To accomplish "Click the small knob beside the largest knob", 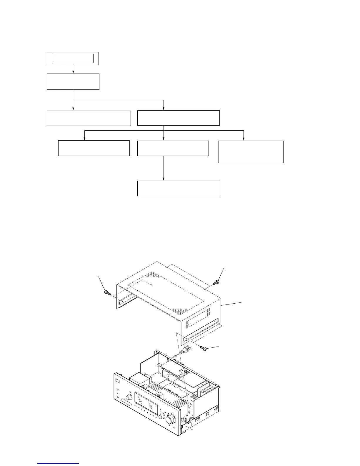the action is coord(161,416).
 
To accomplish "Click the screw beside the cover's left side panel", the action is coord(107,292).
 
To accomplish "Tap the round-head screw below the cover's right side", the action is coord(204,348).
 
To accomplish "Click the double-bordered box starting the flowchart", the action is coord(73,59).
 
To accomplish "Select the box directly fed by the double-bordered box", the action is coord(73,81).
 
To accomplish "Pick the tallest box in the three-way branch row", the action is coord(251,152).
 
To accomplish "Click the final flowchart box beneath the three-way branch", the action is coord(179,188).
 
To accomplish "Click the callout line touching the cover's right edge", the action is coord(232,304).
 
